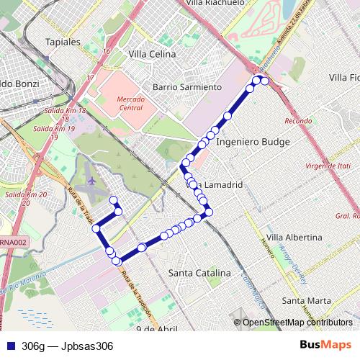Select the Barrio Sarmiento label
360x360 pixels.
(186, 87)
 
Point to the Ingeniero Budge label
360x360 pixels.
(253, 143)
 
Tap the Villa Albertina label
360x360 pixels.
(294, 237)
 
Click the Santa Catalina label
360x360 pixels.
(199, 273)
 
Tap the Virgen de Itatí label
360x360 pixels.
(326, 166)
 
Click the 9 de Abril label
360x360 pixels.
(156, 328)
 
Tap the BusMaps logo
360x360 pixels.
(330, 346)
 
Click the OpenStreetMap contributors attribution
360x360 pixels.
(297, 323)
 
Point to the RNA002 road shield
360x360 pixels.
(14, 243)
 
